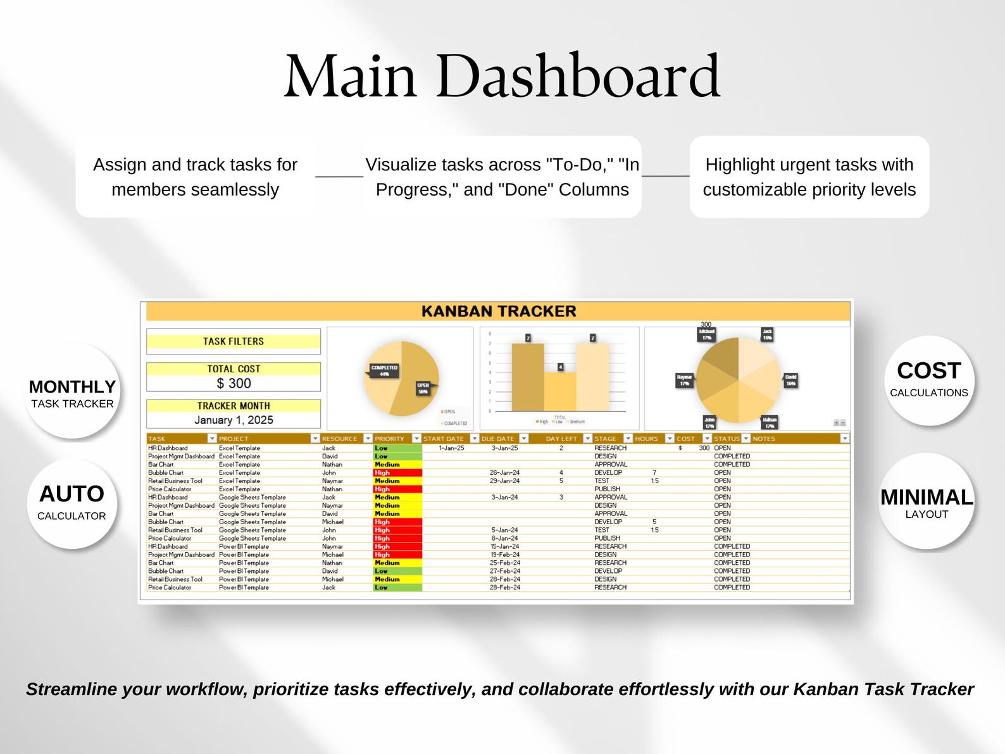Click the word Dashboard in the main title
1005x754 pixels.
[577, 77]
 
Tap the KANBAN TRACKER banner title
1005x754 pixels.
[499, 311]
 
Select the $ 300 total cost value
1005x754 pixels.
[234, 383]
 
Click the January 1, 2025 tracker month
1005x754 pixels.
[234, 420]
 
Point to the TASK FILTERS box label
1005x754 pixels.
[234, 341]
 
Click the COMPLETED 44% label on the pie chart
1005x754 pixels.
[384, 371]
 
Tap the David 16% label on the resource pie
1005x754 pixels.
[790, 380]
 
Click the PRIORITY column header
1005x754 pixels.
[389, 438]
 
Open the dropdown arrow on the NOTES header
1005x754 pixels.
[844, 438]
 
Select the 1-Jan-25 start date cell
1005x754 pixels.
[451, 448]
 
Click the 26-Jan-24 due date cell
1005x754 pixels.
[504, 473]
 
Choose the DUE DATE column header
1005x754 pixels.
[497, 438]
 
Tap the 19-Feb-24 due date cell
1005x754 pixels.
[504, 555]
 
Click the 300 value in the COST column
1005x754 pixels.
[704, 448]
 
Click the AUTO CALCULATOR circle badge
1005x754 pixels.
[72, 503]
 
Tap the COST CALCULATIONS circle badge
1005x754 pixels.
[928, 379]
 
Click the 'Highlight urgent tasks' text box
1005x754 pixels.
[809, 177]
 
